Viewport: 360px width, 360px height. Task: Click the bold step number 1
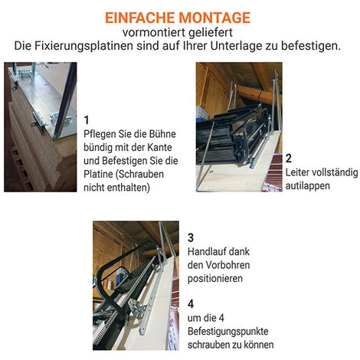87,119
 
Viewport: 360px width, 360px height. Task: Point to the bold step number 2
288,159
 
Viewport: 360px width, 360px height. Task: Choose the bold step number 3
191,237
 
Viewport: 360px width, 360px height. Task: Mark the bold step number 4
191,303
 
